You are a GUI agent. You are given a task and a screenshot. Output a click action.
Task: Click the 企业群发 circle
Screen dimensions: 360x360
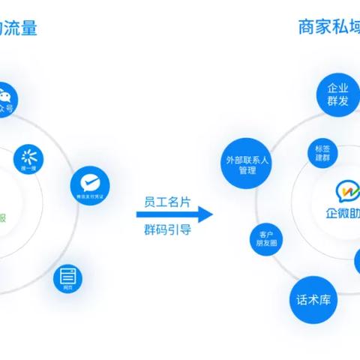337,94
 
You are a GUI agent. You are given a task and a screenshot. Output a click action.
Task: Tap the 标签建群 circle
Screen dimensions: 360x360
323,153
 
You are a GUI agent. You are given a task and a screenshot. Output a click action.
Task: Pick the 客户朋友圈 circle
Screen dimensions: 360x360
265,239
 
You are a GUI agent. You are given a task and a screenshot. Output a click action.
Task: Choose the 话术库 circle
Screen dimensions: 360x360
313,301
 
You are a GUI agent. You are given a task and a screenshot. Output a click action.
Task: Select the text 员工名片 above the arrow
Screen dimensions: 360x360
166,202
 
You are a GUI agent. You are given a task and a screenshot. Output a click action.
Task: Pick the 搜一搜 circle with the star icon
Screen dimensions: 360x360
30,160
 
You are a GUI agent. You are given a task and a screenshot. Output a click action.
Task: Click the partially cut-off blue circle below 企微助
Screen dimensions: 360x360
355,262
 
